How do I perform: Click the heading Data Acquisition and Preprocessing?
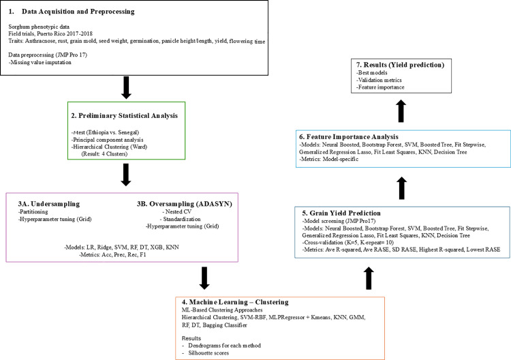click(x=78, y=12)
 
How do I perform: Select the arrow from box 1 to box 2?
click(x=126, y=87)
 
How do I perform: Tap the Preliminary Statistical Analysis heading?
click(x=125, y=116)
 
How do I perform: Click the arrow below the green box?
click(x=126, y=175)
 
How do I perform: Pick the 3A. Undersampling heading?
click(x=49, y=204)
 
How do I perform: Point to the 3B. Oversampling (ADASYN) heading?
click(x=185, y=204)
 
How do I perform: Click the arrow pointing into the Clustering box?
click(x=204, y=278)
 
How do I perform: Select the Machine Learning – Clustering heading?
click(x=235, y=302)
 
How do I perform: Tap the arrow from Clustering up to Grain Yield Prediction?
click(x=369, y=278)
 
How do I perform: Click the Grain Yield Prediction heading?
click(x=341, y=213)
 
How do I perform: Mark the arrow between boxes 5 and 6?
click(x=402, y=188)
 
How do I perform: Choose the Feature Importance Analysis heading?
click(x=349, y=136)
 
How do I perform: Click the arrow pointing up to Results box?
click(x=401, y=111)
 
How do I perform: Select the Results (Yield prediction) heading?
click(x=400, y=65)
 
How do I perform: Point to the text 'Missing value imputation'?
click(x=40, y=62)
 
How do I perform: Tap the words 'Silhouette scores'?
click(x=208, y=352)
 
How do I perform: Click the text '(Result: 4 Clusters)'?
click(x=104, y=154)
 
